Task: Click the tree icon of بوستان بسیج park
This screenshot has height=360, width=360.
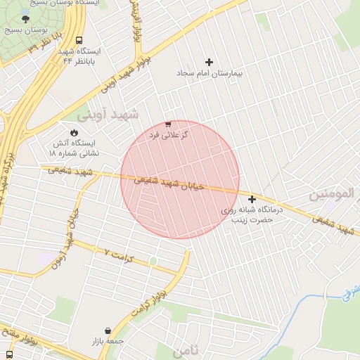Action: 26,18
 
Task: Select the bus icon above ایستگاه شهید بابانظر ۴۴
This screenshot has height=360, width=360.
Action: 77,40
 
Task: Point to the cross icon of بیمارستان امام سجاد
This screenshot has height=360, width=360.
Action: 208,63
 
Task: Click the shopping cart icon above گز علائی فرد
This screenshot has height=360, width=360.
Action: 167,124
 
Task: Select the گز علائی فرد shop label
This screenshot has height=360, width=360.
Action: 168,134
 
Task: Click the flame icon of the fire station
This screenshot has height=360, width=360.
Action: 75,131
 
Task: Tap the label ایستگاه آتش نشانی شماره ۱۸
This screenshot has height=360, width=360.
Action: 75,147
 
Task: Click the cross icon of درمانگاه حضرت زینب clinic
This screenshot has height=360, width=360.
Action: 252,200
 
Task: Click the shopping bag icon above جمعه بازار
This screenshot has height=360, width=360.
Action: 107,330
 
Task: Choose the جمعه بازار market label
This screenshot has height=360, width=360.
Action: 107,341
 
